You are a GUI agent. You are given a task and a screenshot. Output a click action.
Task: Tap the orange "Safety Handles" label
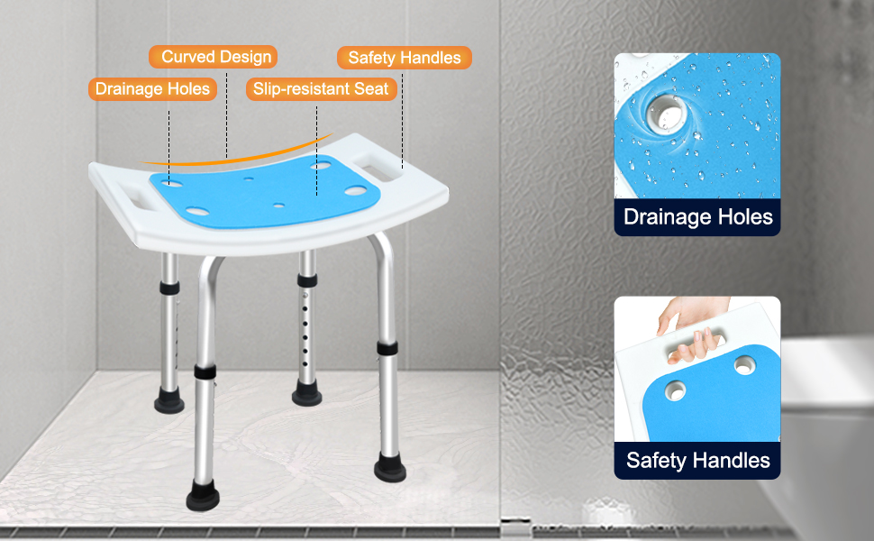(405, 58)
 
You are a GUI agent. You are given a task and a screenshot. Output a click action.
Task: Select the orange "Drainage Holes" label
(152, 88)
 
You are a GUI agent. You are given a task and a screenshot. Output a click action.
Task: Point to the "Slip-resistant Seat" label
(321, 88)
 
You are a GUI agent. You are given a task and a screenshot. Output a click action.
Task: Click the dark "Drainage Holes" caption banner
(697, 216)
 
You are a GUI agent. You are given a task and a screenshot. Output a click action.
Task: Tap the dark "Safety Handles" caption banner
(697, 460)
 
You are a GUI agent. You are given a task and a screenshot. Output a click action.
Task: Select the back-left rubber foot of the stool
(168, 401)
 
